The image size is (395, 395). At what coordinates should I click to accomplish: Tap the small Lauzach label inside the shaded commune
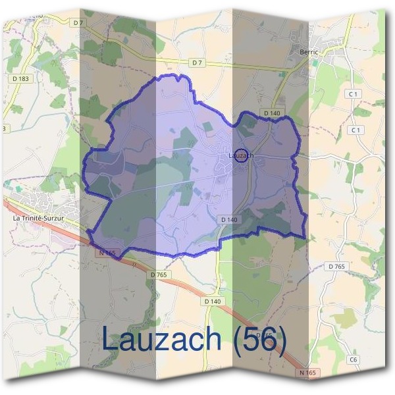[240, 156]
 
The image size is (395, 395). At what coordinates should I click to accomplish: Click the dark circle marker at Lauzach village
[241, 156]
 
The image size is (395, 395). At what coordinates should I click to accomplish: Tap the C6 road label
[353, 359]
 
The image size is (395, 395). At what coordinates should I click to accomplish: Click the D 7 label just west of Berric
[197, 63]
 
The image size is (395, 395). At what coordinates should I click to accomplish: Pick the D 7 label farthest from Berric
[79, 22]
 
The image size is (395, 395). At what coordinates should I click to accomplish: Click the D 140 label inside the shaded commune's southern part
[229, 219]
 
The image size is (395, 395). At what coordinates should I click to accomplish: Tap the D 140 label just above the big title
[213, 301]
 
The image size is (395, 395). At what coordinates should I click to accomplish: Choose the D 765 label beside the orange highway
[159, 274]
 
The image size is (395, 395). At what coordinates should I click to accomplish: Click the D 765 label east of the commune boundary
[336, 266]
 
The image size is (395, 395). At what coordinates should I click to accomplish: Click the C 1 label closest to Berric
[354, 94]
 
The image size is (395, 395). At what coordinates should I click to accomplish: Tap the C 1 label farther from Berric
[356, 130]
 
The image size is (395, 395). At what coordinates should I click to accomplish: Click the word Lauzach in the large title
[161, 339]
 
